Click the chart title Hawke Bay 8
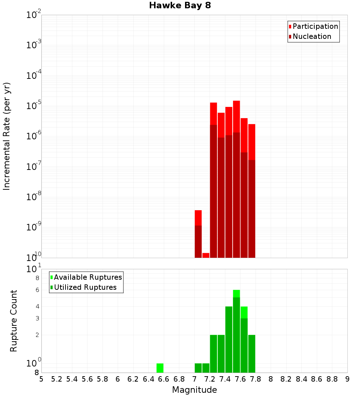coord(180,6)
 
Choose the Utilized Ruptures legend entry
coord(85,287)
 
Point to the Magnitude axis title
coord(194,390)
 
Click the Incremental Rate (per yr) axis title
coord(7,136)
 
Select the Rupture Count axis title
coord(14,321)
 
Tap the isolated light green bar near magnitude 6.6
coord(160,368)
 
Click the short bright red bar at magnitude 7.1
coord(206,255)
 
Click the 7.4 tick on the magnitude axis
coord(225,379)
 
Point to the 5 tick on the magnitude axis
coord(41,379)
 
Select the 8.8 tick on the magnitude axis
coord(332,379)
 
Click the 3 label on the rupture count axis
coord(37,318)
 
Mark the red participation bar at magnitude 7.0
coord(198,217)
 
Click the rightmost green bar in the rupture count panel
coord(252,354)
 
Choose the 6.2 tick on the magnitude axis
coord(133,379)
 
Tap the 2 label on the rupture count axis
coord(37,335)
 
